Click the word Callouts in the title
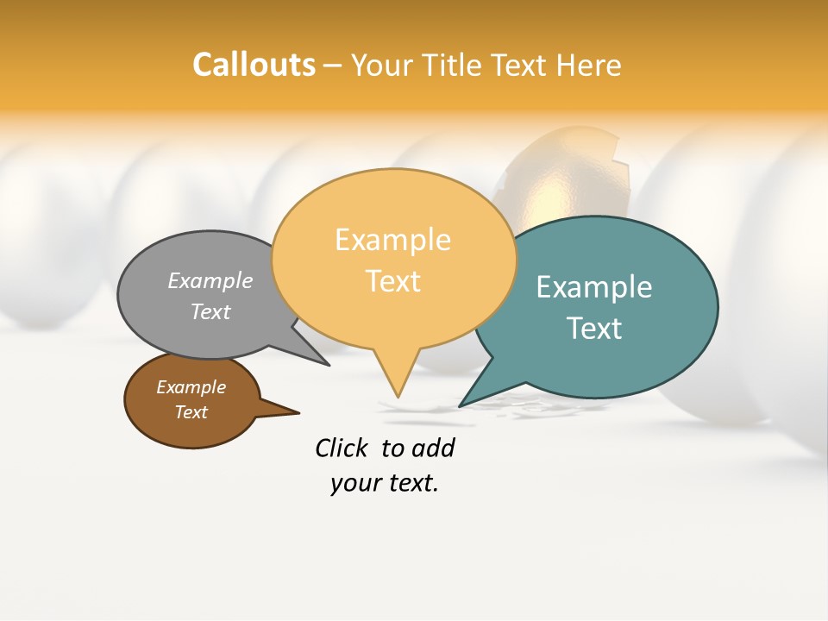click(254, 65)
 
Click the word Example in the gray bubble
click(210, 280)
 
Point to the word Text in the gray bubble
click(210, 311)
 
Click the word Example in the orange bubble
click(392, 239)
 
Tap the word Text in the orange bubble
click(392, 281)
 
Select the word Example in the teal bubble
click(594, 286)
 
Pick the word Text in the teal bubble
click(594, 328)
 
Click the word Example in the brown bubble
click(191, 387)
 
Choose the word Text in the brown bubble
click(191, 412)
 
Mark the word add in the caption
click(433, 448)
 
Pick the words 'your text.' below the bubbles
click(385, 483)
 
